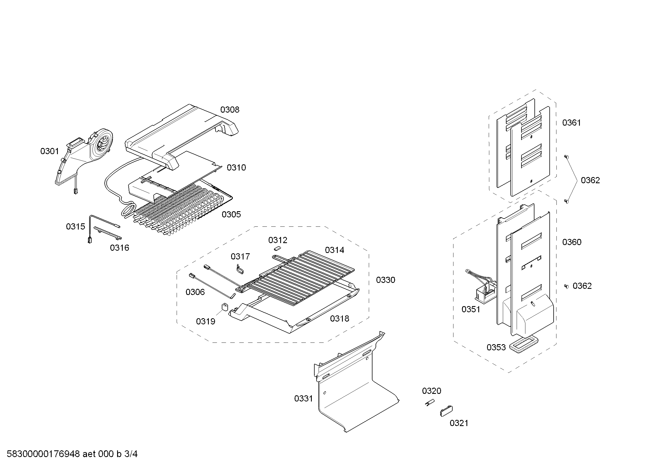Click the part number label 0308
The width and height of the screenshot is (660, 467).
point(230,110)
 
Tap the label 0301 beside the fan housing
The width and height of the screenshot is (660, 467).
point(49,151)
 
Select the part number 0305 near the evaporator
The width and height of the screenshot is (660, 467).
point(231,214)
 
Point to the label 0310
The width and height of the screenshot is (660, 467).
point(236,168)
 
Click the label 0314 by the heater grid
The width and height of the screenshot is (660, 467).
point(335,250)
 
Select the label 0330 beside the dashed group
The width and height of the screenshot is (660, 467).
point(385,280)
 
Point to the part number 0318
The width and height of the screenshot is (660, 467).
point(339,318)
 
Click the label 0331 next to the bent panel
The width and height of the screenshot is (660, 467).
point(304,398)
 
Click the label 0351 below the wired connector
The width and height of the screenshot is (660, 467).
point(471,309)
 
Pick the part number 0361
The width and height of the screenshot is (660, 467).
point(571,123)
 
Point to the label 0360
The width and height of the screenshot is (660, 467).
point(572,242)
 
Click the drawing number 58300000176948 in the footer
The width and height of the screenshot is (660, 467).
point(43,454)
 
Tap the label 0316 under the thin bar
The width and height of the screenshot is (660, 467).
point(120,248)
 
